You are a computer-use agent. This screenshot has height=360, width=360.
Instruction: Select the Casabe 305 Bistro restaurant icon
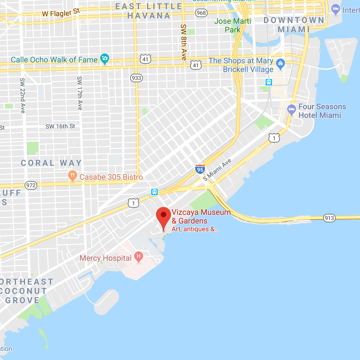click(72, 176)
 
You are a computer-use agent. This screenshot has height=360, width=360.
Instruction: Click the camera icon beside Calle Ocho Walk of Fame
click(105, 58)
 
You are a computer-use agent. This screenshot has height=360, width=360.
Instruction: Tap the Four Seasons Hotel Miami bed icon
click(291, 109)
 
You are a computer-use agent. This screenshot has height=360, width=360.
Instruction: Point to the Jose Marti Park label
click(232, 25)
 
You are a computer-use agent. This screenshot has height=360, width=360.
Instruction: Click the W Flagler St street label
click(61, 13)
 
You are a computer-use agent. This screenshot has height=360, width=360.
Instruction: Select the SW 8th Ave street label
click(183, 42)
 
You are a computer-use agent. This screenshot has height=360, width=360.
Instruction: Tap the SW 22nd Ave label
click(22, 95)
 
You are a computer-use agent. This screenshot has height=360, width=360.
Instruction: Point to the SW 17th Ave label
click(79, 93)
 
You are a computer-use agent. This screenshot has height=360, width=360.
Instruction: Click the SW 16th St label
click(60, 126)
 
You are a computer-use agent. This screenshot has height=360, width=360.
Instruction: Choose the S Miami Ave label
click(217, 170)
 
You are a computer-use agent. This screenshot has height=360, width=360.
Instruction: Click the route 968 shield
click(201, 13)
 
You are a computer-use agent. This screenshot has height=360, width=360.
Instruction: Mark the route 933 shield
click(136, 78)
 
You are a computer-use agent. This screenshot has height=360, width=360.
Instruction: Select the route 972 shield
click(31, 185)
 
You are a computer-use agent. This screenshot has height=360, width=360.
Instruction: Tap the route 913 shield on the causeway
click(329, 218)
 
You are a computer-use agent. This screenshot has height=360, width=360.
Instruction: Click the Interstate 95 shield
click(200, 169)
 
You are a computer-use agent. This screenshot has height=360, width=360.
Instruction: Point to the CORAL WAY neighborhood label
click(51, 163)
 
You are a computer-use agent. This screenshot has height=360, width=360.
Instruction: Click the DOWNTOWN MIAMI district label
click(294, 25)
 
